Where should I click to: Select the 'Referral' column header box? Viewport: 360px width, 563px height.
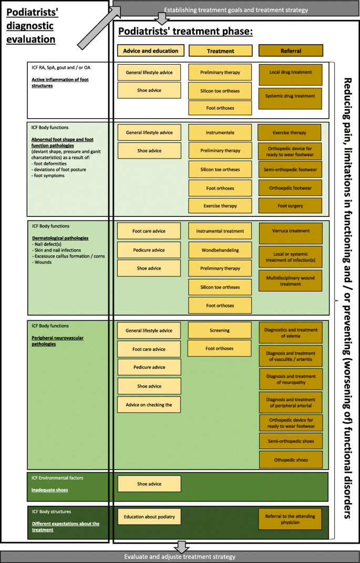click(x=290, y=51)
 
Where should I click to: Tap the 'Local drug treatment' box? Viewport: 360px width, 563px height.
click(x=290, y=72)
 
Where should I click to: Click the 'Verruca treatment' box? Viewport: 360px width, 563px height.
click(x=290, y=231)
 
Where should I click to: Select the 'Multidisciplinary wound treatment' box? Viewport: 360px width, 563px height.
click(x=290, y=281)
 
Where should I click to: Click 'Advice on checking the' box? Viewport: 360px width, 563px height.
click(x=149, y=404)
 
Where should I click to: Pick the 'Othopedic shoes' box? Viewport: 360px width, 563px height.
click(x=290, y=460)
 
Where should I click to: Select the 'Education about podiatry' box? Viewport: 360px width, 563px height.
click(x=149, y=517)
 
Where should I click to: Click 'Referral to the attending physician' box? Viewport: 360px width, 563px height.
click(x=290, y=519)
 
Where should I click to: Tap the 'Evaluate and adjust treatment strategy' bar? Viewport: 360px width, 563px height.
click(x=180, y=557)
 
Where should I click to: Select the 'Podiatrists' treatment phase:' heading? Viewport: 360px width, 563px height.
click(x=186, y=32)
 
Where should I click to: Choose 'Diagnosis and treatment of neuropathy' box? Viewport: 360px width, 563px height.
click(x=290, y=379)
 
